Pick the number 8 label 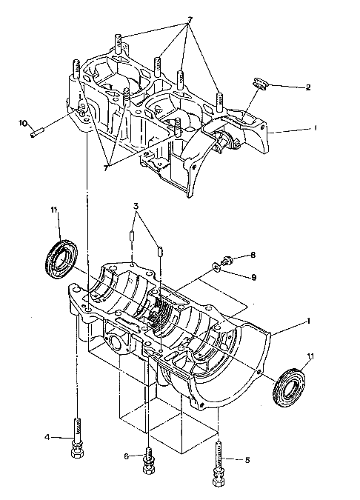pyautogui.click(x=252, y=255)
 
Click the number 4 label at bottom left pyautogui.click(x=47, y=437)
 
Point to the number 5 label pyautogui.click(x=247, y=459)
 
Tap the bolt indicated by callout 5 pyautogui.click(x=219, y=464)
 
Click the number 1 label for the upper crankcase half pyautogui.click(x=316, y=127)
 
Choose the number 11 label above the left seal pyautogui.click(x=53, y=212)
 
